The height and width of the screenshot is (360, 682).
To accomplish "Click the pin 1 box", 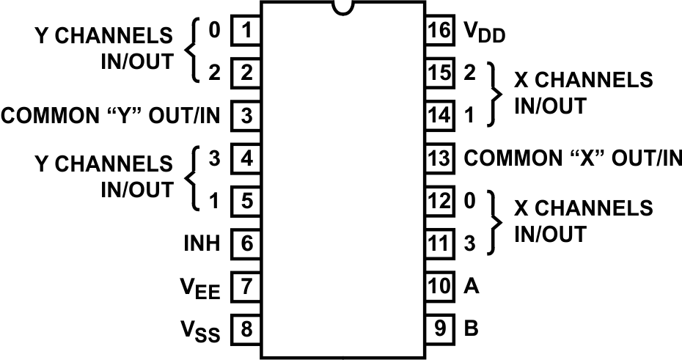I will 246,31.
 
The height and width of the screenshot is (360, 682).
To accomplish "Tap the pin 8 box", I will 246,329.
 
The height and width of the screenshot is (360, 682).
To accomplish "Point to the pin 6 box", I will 246,243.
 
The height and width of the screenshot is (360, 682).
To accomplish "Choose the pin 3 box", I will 246,116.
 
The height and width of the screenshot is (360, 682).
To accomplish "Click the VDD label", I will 484,33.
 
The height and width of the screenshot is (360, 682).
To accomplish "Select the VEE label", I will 199,288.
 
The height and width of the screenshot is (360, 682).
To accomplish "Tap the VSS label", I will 200,331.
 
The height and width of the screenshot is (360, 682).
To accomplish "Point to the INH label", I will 202,243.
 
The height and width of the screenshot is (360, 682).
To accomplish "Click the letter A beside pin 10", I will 472,286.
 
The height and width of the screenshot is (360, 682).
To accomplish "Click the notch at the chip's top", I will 342,7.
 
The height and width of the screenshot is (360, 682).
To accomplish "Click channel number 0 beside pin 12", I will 469,201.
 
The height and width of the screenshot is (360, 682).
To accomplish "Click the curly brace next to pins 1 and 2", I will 192,51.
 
